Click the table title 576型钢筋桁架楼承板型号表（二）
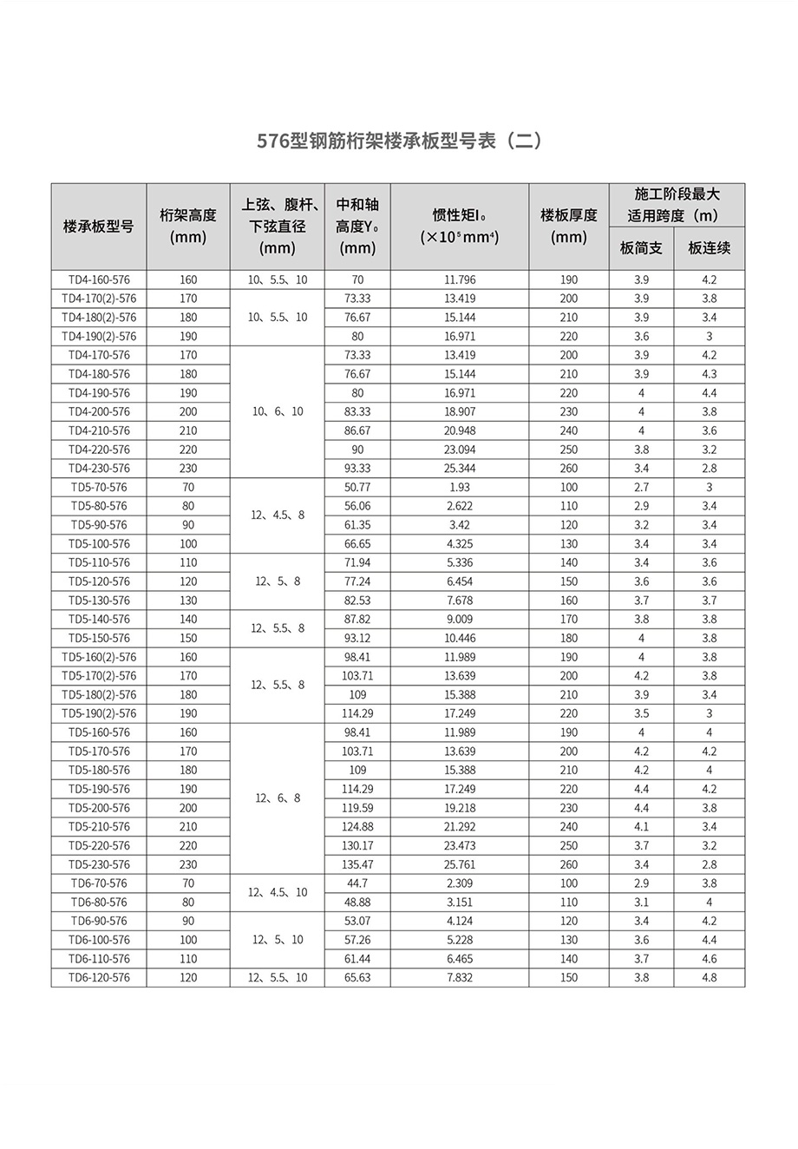click(x=398, y=141)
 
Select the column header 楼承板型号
click(x=98, y=227)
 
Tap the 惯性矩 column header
click(x=459, y=227)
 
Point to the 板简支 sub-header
click(x=641, y=248)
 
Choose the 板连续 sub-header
click(x=709, y=248)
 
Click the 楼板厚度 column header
click(x=568, y=226)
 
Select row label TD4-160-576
click(x=99, y=280)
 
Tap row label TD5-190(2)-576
click(x=99, y=714)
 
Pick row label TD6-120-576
click(x=99, y=978)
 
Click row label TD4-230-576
click(x=99, y=469)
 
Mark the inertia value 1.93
click(x=459, y=488)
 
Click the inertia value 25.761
click(x=459, y=865)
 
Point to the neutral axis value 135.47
click(x=357, y=865)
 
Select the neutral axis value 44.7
click(x=357, y=883)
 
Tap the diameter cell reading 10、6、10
click(x=278, y=412)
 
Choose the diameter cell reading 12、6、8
click(x=278, y=798)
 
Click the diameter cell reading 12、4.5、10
click(x=278, y=893)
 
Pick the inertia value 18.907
click(x=459, y=412)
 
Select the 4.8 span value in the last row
click(x=709, y=978)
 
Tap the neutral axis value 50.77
click(x=357, y=488)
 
